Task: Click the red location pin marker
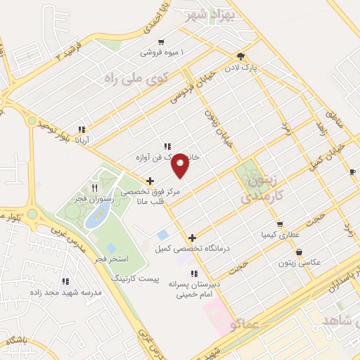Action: click(x=181, y=166)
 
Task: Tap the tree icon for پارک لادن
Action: click(x=241, y=56)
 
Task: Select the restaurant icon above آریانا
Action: click(x=82, y=129)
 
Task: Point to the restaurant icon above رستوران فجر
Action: click(x=95, y=188)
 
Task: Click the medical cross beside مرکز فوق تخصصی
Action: click(x=150, y=181)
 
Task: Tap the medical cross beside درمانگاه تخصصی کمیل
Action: click(x=192, y=238)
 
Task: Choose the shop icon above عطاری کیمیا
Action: click(x=280, y=224)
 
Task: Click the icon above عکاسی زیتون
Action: click(x=300, y=252)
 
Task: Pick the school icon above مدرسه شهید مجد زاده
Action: click(x=65, y=281)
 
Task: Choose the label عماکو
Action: click(x=243, y=323)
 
